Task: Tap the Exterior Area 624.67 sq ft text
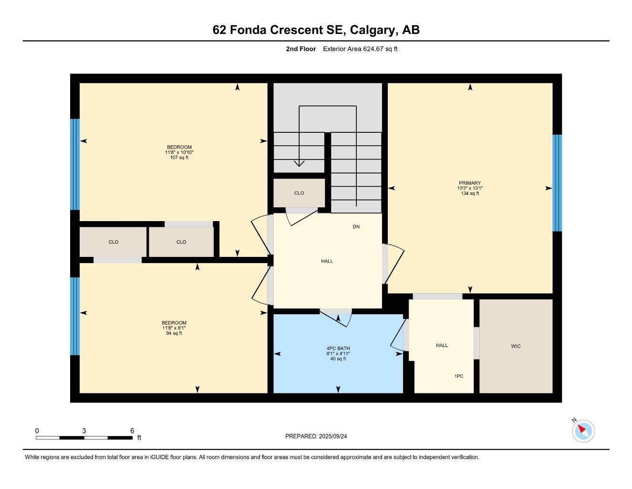point(360,49)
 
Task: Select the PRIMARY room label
point(470,183)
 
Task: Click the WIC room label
point(516,346)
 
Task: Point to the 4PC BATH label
point(338,349)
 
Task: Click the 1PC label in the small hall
point(458,376)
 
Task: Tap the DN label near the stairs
point(356,227)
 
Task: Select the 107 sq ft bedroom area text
point(179,158)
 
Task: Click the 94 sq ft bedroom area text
point(174,333)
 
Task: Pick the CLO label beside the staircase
point(299,193)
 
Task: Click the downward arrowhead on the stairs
point(299,163)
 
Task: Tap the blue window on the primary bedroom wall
point(557,183)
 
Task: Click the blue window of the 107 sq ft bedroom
point(75,164)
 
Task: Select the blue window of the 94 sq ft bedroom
point(75,316)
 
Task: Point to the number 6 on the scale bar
point(132,431)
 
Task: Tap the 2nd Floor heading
point(300,49)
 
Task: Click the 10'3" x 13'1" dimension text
point(470,188)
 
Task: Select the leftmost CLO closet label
point(114,242)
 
